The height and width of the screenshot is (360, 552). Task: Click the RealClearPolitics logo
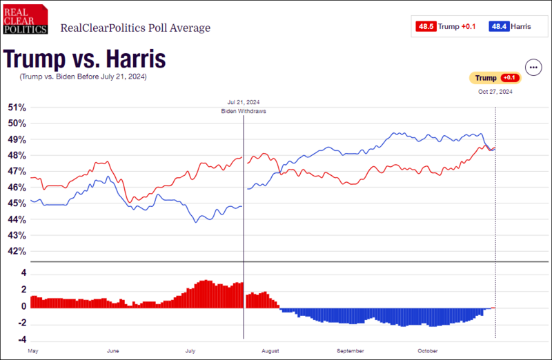[x=25, y=19]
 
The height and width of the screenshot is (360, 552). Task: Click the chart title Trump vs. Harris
[x=85, y=59]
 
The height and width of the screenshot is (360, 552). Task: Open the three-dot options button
[x=533, y=68]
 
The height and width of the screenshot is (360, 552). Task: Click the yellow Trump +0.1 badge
[x=494, y=78]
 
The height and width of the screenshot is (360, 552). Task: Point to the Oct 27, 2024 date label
[x=495, y=91]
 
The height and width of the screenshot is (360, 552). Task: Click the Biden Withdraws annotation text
[x=244, y=111]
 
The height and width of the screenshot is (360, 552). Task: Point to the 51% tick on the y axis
[x=17, y=108]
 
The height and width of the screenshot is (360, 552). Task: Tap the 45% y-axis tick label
[x=17, y=203]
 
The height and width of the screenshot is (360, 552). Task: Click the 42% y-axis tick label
[x=17, y=252]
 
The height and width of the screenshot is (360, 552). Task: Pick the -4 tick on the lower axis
[x=22, y=340]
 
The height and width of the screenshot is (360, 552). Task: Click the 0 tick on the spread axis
[x=23, y=307]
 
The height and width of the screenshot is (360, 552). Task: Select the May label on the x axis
[x=33, y=351]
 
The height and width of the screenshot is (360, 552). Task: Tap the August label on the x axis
[x=270, y=351]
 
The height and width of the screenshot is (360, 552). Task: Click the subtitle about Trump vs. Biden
[x=83, y=77]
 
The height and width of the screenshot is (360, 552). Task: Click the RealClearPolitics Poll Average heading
[x=136, y=28]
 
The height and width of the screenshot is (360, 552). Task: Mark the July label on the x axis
[x=190, y=351]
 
